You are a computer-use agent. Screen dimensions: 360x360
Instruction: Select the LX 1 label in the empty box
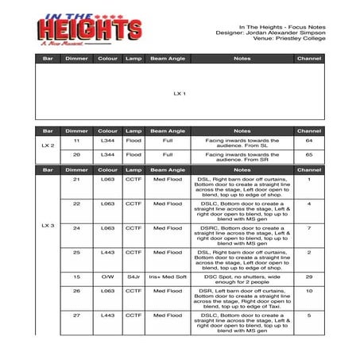(180, 93)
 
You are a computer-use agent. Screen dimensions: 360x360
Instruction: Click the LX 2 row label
(47, 146)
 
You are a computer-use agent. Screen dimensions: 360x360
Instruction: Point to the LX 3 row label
(47, 226)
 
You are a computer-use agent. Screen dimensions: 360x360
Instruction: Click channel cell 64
(308, 140)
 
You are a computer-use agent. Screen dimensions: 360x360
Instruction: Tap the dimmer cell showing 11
(76, 140)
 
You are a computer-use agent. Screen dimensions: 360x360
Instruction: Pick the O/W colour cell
(108, 277)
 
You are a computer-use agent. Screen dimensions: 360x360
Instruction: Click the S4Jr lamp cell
(134, 277)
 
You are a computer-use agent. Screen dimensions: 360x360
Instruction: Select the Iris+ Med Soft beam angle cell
(168, 277)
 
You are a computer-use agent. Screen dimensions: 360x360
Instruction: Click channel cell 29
(308, 277)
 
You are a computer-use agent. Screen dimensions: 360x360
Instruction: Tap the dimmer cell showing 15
(76, 277)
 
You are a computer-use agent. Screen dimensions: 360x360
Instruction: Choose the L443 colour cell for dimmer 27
(108, 315)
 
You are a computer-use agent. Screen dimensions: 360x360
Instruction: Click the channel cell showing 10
(308, 291)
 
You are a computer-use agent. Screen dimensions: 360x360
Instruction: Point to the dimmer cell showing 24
(76, 227)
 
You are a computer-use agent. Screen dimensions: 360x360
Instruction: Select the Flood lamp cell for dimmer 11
(134, 140)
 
